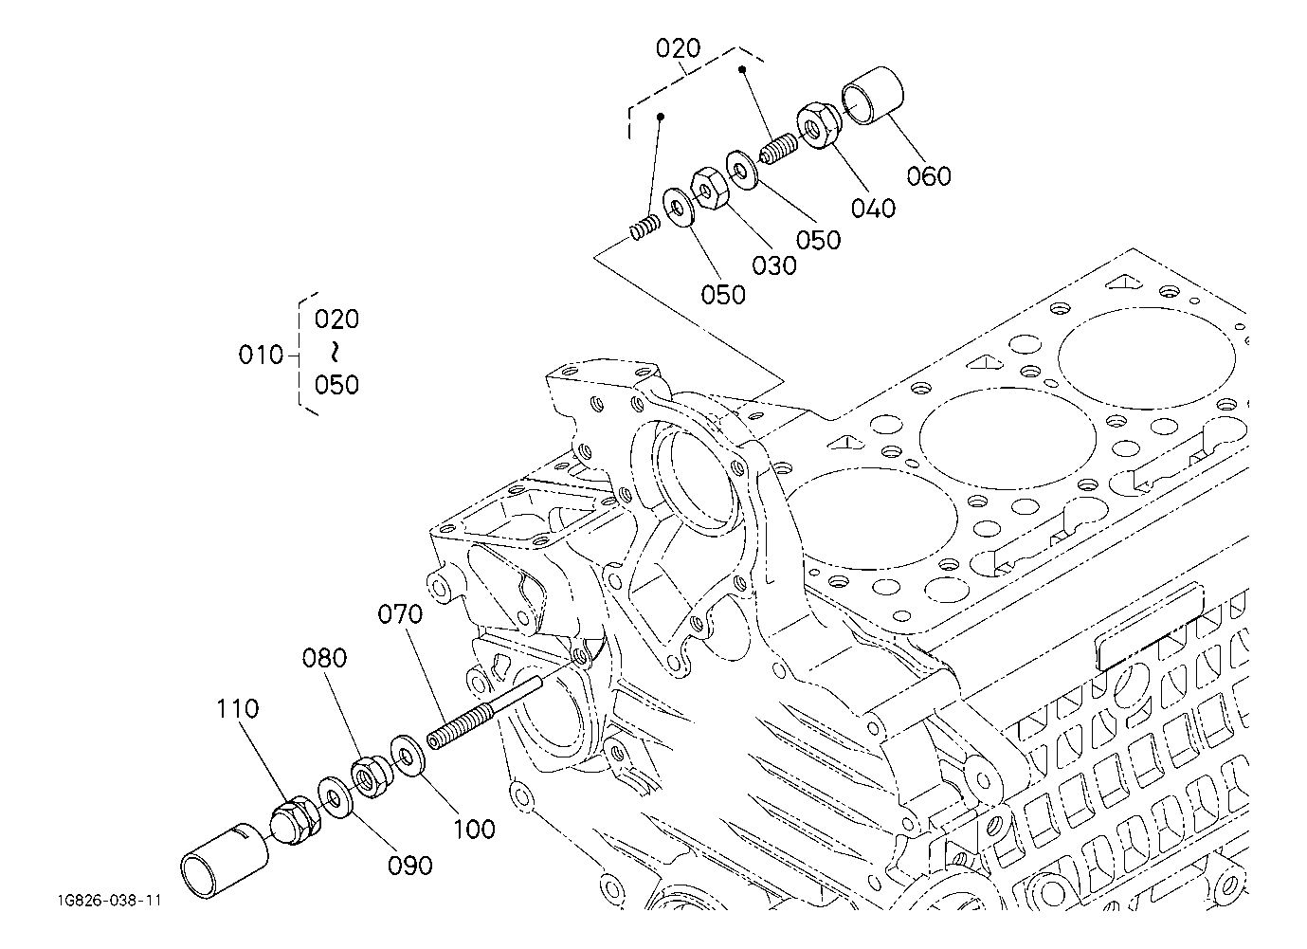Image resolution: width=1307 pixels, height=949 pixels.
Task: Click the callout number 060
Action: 928,175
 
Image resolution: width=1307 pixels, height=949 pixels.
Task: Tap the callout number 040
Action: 873,209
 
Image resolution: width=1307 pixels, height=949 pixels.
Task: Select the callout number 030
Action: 773,265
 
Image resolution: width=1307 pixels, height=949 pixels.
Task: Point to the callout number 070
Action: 400,614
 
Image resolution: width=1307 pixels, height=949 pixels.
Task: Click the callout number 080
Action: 324,658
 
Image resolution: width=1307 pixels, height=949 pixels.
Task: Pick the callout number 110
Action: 238,708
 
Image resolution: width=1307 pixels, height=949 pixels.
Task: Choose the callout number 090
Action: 410,866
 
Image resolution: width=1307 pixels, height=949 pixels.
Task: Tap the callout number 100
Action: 474,830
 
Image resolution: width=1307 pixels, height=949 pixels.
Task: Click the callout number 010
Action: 261,355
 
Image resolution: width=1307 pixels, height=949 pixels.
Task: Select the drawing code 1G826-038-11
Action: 109,901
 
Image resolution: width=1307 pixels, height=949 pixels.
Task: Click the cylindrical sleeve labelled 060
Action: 872,96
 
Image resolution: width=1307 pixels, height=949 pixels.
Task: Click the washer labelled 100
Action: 408,757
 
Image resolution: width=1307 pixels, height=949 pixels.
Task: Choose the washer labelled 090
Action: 336,797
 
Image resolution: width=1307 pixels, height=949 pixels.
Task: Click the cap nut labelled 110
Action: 296,820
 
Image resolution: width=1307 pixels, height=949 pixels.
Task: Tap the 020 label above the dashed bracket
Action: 678,47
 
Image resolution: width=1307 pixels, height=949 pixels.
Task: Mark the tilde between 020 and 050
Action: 336,352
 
